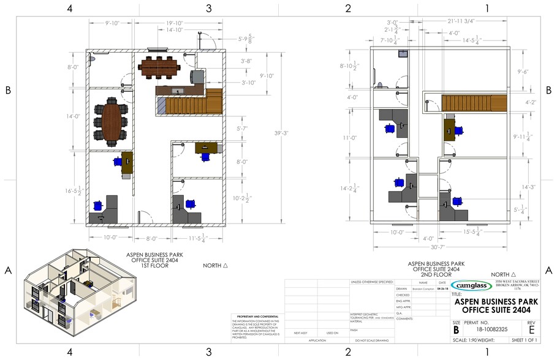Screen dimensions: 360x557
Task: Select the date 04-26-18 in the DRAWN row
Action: (x=442, y=288)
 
